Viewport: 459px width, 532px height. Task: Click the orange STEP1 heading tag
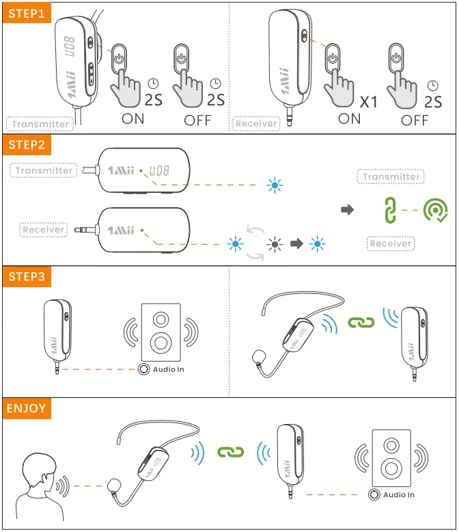(x=25, y=13)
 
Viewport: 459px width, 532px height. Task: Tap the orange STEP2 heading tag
(x=27, y=145)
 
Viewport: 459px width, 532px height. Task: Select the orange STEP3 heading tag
(x=27, y=276)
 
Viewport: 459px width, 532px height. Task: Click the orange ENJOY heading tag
(x=27, y=409)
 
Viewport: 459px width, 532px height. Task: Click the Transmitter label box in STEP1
(x=41, y=124)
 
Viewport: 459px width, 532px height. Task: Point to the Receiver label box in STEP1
(x=256, y=124)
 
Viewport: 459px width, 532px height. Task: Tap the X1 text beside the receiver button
(x=369, y=103)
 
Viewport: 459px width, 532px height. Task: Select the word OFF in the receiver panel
(x=415, y=120)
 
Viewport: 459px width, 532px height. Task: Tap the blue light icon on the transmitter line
(x=275, y=185)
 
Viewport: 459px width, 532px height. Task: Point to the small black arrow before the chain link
(x=348, y=210)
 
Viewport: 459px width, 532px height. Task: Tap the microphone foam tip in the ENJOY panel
(x=114, y=487)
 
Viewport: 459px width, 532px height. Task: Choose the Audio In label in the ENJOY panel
(x=399, y=494)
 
